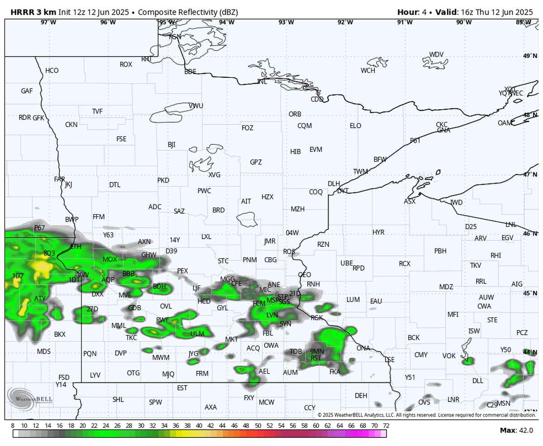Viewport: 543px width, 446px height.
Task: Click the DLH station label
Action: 333,183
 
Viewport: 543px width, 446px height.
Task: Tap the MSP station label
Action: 273,300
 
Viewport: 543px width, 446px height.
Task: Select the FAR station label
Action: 59,179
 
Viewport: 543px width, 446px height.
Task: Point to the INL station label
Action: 262,82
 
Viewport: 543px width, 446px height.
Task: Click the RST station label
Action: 316,358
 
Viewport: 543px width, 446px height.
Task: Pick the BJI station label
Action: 171,145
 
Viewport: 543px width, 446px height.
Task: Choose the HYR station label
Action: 378,232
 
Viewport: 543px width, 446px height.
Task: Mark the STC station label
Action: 223,261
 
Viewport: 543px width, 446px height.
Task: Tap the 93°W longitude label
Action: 286,22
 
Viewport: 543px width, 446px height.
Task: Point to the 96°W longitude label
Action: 108,22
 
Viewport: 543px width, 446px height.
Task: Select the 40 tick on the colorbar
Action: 199,426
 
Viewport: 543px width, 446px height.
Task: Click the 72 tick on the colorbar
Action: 386,426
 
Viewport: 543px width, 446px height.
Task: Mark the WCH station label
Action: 368,71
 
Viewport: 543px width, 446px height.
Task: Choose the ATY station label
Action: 40,299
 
